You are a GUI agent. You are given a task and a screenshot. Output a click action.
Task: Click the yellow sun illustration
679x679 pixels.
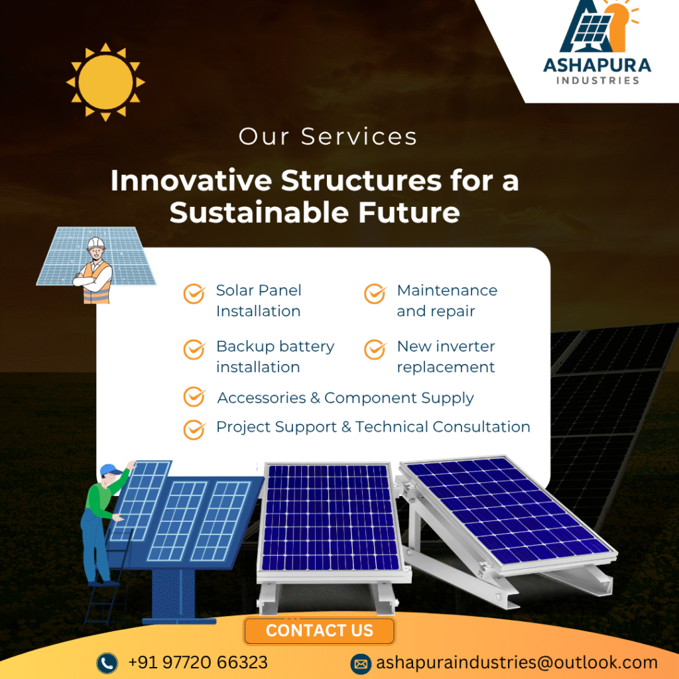pyautogui.click(x=105, y=82)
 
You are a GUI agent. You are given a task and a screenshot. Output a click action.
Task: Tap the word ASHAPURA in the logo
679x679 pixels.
pyautogui.click(x=597, y=66)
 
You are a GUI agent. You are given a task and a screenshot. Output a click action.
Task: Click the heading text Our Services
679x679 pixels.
pyautogui.click(x=328, y=137)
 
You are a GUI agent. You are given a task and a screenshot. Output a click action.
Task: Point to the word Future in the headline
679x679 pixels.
pyautogui.click(x=408, y=212)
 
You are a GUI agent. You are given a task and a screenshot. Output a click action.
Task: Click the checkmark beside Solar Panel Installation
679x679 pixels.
pyautogui.click(x=194, y=294)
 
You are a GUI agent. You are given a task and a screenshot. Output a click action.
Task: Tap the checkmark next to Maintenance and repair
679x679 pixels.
pyautogui.click(x=375, y=294)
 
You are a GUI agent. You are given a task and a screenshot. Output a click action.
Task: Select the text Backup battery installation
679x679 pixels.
pyautogui.click(x=275, y=356)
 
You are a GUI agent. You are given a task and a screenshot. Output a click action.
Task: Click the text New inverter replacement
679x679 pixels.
pyautogui.click(x=446, y=356)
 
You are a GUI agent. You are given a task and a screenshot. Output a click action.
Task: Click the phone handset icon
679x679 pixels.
pyautogui.click(x=107, y=663)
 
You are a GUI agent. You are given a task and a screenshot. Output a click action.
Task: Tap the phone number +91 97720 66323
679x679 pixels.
pyautogui.click(x=198, y=662)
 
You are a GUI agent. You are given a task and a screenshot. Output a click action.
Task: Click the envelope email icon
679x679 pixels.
pyautogui.click(x=361, y=664)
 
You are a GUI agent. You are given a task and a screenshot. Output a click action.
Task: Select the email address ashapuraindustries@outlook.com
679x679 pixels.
pyautogui.click(x=517, y=662)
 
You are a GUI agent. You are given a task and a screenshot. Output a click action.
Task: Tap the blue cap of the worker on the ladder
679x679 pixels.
pyautogui.click(x=110, y=470)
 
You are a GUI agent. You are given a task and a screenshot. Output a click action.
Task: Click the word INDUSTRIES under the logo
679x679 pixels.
pyautogui.click(x=597, y=80)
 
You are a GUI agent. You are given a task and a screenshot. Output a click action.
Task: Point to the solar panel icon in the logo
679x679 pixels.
pyautogui.click(x=591, y=29)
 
